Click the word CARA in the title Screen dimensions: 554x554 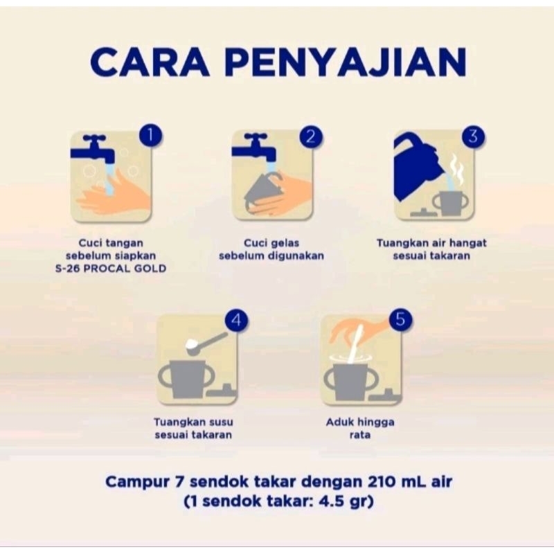pyautogui.click(x=150, y=63)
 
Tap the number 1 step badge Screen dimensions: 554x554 pyautogui.click(x=150, y=135)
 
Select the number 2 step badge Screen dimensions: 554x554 pyautogui.click(x=311, y=136)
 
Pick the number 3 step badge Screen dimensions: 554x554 pyautogui.click(x=473, y=136)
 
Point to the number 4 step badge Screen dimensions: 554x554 pyautogui.click(x=236, y=320)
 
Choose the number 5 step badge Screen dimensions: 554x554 pyautogui.click(x=400, y=319)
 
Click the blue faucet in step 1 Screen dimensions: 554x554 pyautogui.click(x=93, y=149)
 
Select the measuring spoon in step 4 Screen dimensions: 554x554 pyautogui.click(x=206, y=342)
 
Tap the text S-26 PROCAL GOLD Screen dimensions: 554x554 pyautogui.click(x=111, y=269)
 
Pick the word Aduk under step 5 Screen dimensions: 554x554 pyautogui.click(x=340, y=422)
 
